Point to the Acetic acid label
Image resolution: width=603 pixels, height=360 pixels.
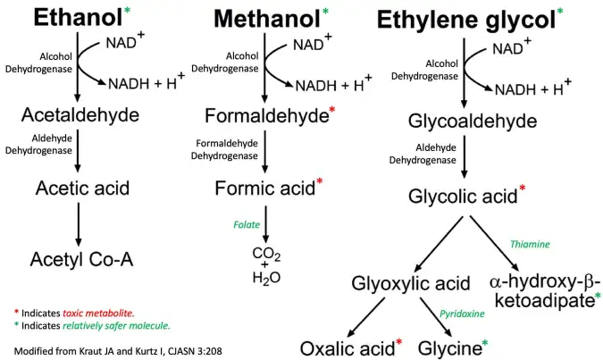click(83, 188)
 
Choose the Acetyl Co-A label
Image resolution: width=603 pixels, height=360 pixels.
click(81, 259)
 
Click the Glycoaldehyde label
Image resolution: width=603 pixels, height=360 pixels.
click(464, 122)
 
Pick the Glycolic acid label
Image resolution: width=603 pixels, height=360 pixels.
click(461, 195)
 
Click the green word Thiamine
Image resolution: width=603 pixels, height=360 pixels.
click(530, 244)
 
